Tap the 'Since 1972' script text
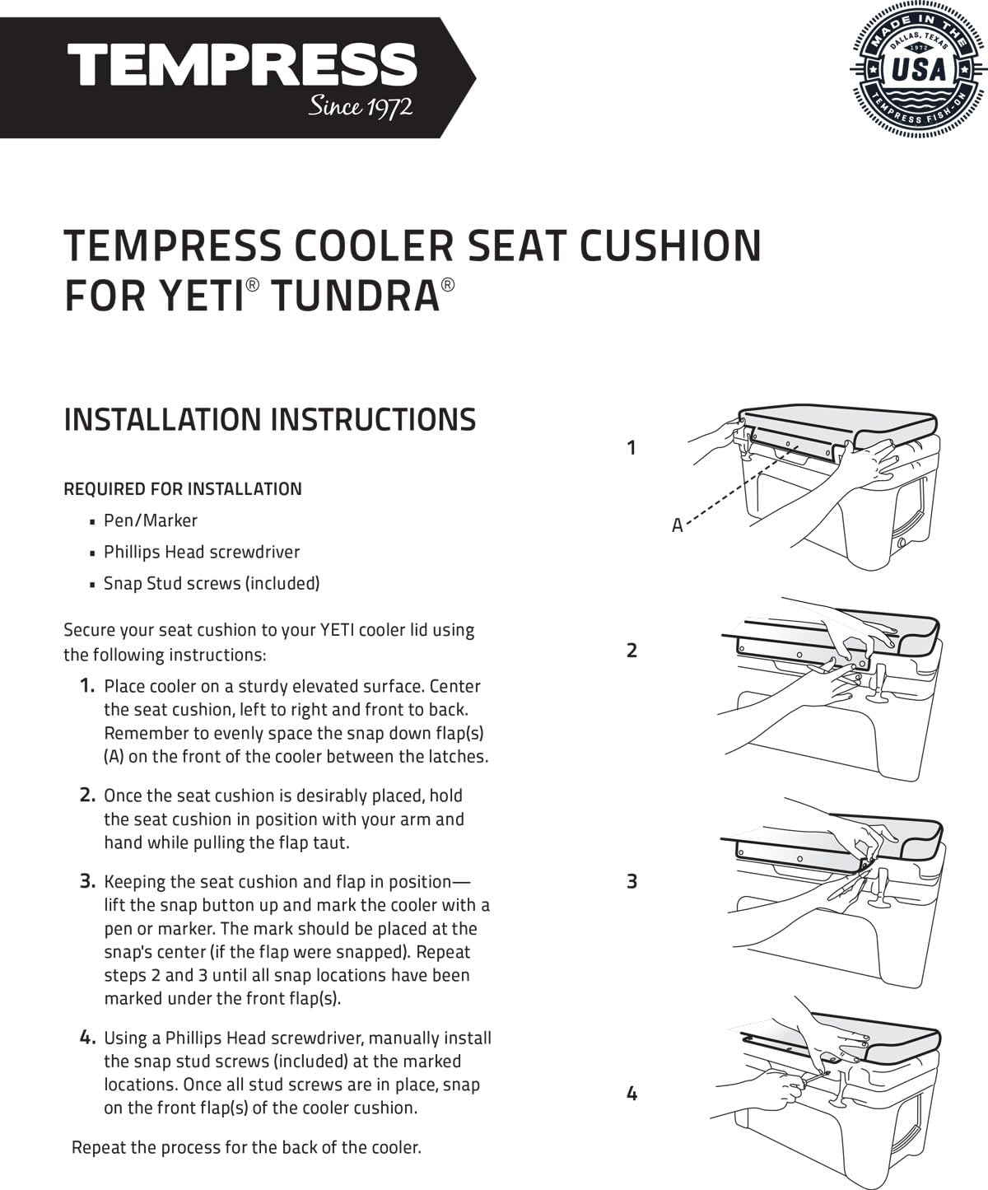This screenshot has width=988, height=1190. pos(360,107)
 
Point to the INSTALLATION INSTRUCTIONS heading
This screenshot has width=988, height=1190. pos(269,419)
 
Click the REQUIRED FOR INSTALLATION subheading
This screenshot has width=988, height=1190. pos(183,489)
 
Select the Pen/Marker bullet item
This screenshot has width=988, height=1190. pos(151,520)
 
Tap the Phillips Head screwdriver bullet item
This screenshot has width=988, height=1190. pos(202,552)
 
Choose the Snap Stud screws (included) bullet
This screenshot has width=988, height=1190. pos(212,583)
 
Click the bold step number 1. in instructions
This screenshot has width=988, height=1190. pos(87,686)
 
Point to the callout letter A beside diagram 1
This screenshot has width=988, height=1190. pos(677,525)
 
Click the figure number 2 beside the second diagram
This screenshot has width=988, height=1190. pos(631,651)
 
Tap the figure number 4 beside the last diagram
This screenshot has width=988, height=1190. pos(631,1094)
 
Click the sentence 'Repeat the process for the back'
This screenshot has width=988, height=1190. pos(246,1147)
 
